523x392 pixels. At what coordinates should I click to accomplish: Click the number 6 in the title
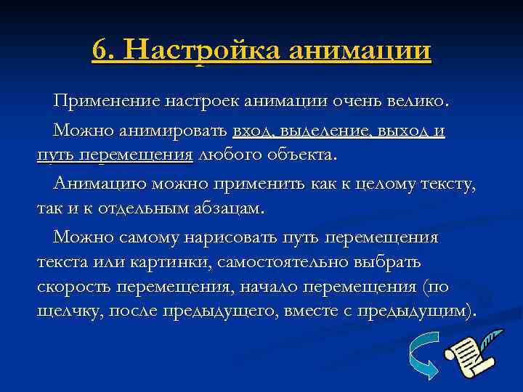(102, 50)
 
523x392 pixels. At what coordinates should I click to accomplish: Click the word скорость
(71, 286)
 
